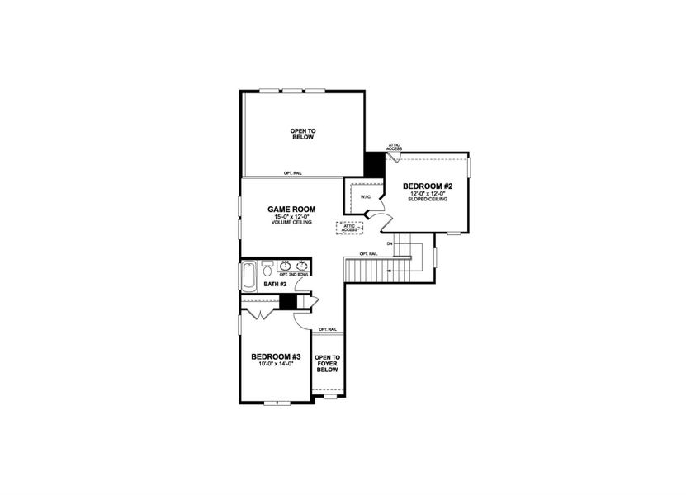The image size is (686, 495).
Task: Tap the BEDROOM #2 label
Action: click(425, 187)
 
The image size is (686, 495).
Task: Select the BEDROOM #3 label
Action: click(275, 356)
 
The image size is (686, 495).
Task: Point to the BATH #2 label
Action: click(275, 285)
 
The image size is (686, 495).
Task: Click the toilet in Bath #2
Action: click(267, 271)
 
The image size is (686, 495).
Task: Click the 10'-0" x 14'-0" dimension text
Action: click(275, 364)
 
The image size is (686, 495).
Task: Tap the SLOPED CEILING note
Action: click(425, 200)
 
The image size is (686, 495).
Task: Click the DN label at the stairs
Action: click(388, 243)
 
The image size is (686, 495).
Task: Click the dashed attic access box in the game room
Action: click(348, 229)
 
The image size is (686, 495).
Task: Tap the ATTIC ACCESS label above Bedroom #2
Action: click(394, 147)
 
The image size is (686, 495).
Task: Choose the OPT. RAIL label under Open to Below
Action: click(291, 173)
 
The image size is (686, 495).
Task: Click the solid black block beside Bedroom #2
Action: click(374, 163)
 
